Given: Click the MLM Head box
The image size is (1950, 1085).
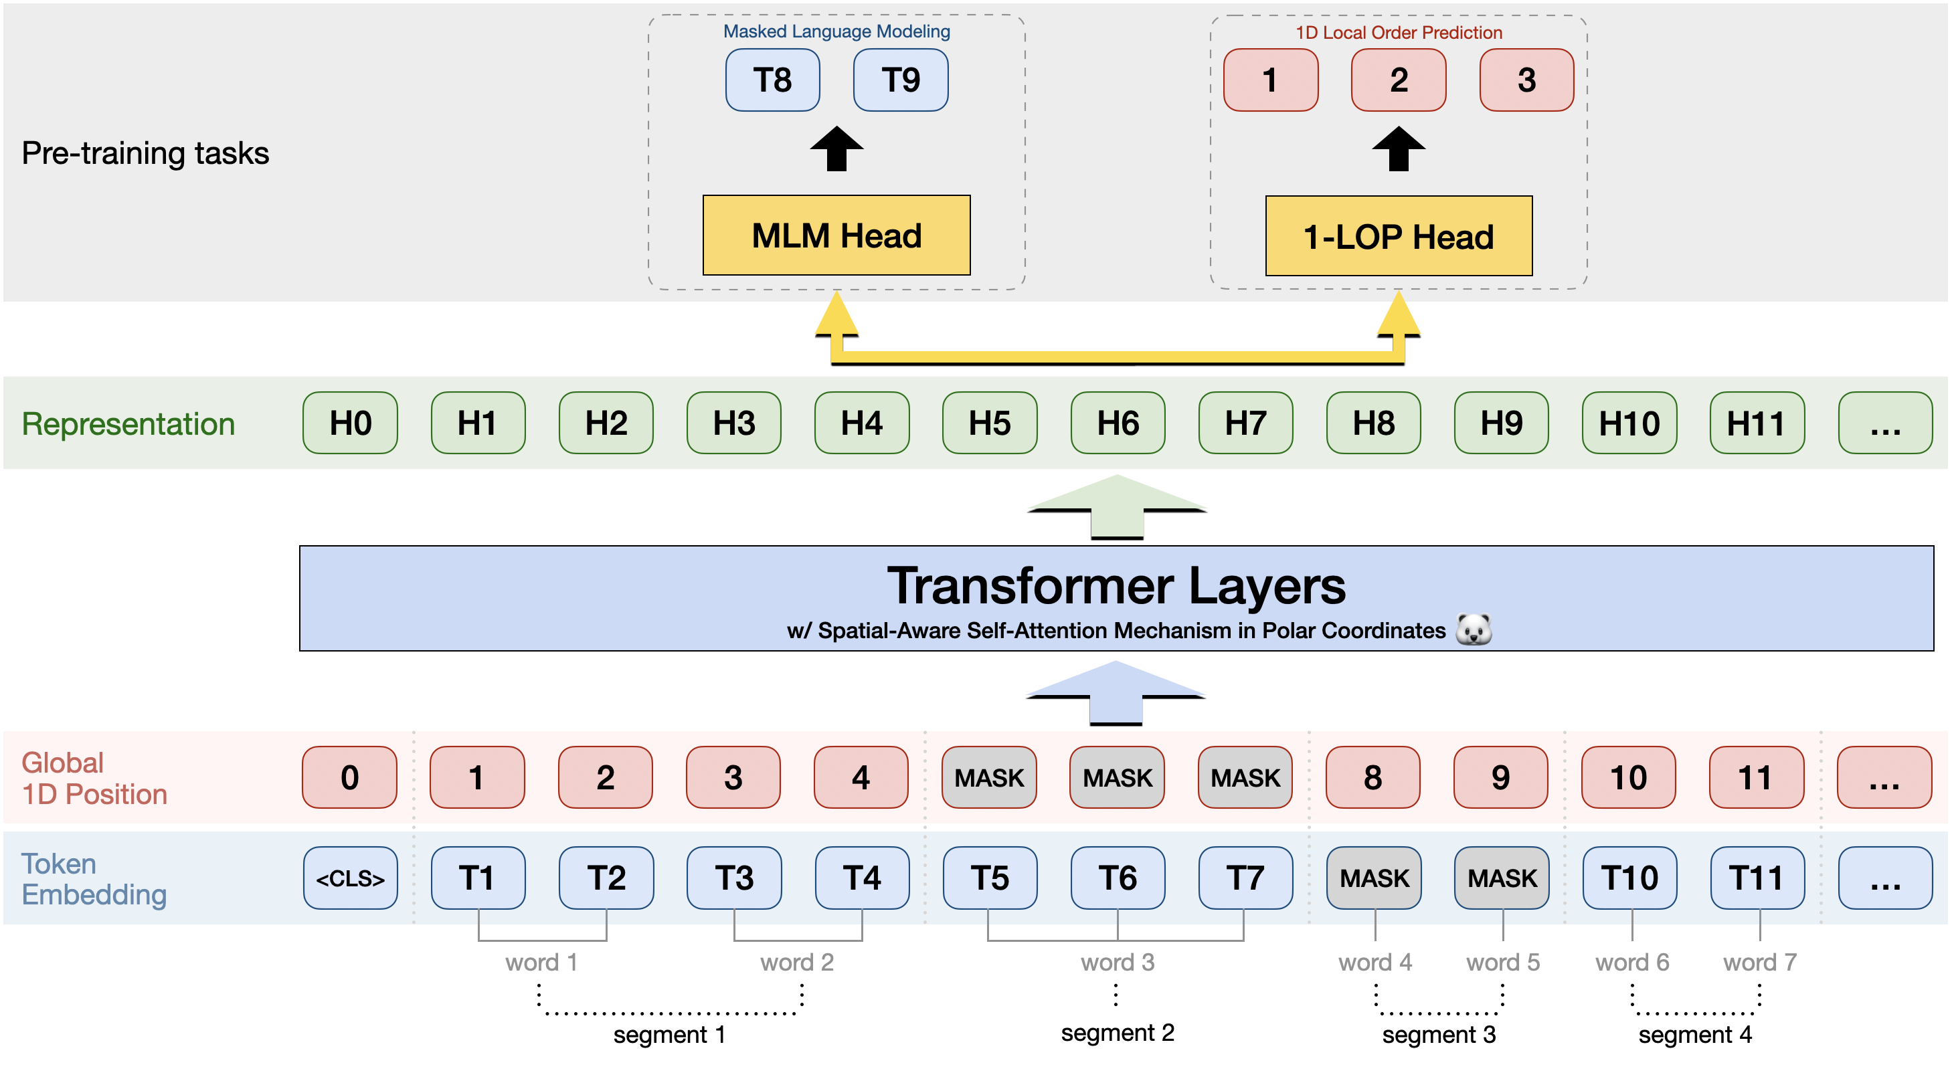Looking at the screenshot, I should pos(836,235).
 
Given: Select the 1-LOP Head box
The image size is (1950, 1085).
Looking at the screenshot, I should pos(1398,236).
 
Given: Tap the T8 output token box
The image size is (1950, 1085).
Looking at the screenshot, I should pos(772,80).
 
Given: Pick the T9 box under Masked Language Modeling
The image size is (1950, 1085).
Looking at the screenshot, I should pos(900,80).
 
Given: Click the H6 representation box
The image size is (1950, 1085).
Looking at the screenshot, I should pos(1118,423).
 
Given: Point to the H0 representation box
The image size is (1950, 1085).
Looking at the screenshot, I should pos(350,423).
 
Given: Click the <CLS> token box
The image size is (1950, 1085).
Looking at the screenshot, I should pos(350,878).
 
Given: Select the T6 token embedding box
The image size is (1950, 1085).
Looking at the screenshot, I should pos(1118,878).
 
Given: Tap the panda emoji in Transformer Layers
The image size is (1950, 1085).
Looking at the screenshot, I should pos(1473,629).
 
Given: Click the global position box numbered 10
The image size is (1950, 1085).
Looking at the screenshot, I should pos(1628,777).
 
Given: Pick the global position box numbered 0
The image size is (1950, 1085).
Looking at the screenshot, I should pos(350,777).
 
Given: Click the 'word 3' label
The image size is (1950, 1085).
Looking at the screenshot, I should pos(1118,963).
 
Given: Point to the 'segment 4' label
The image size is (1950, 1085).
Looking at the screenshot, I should pos(1695,1034).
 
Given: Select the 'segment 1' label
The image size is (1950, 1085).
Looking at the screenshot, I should pos(669,1034).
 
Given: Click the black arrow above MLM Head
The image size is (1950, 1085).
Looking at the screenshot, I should pos(836,149).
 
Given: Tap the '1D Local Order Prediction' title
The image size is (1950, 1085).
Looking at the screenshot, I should pos(1398,33).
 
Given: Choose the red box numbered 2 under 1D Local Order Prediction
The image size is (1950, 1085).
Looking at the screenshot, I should pos(1398,80).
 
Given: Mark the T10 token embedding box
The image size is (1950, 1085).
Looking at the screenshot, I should pos(1629,878).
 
